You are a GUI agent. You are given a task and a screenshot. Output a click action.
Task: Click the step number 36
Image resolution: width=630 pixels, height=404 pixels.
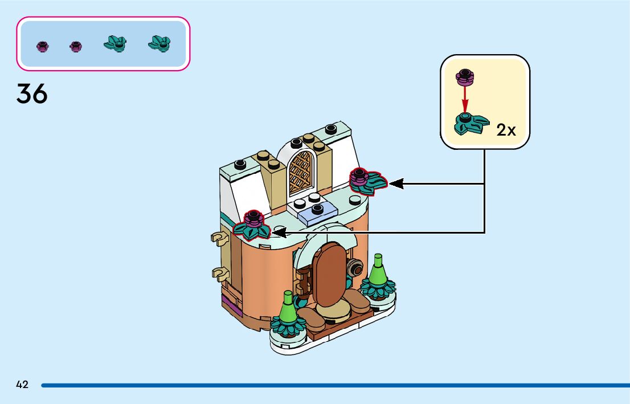(32, 93)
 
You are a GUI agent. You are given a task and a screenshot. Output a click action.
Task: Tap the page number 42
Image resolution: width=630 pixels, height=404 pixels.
(22, 385)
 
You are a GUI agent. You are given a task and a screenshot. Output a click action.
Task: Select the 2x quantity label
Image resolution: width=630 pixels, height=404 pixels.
(506, 130)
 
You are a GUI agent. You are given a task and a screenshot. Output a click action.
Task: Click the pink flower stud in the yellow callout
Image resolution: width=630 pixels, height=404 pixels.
(465, 76)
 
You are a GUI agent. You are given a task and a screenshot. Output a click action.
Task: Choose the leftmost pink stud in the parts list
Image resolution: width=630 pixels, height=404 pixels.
(43, 47)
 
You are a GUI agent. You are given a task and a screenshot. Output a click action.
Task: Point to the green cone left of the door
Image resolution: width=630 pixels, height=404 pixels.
(288, 308)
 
